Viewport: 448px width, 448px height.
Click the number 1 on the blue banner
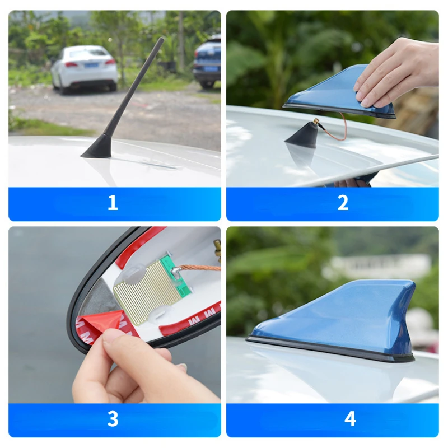pyautogui.click(x=113, y=203)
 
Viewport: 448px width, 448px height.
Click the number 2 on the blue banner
pyautogui.click(x=343, y=203)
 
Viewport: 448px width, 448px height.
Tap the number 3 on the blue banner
pyautogui.click(x=113, y=419)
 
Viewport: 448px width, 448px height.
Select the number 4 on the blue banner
pyautogui.click(x=350, y=419)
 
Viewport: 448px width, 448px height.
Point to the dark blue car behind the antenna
pyautogui.click(x=207, y=62)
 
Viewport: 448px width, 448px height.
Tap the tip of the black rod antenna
pyautogui.click(x=161, y=40)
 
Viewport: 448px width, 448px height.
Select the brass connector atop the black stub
pyautogui.click(x=316, y=122)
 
